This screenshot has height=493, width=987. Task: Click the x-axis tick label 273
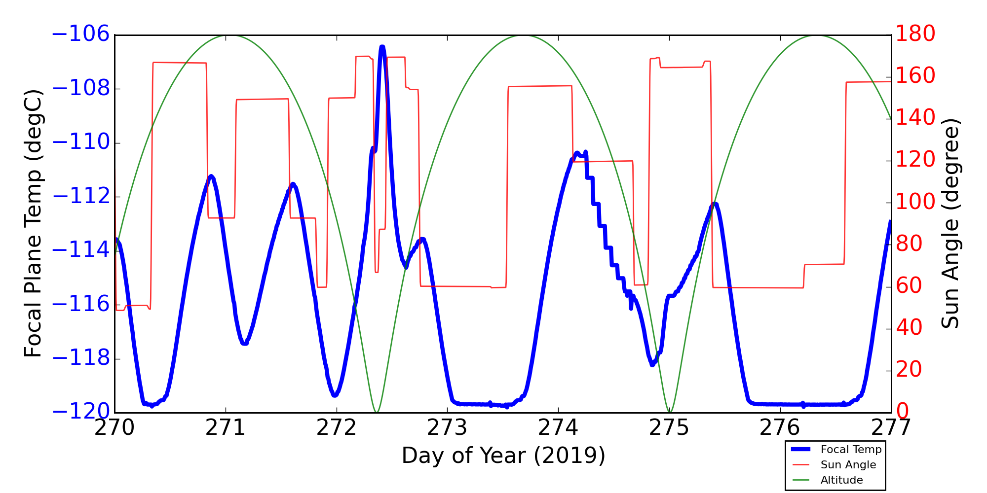click(448, 428)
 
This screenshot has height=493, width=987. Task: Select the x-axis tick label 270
click(115, 428)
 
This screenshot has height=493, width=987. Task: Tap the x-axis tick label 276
click(780, 428)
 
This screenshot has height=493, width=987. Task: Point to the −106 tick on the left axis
click(80, 35)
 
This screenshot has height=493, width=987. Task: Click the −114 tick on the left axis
click(80, 250)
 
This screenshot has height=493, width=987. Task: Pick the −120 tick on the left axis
click(80, 412)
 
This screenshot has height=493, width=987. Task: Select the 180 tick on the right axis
click(915, 35)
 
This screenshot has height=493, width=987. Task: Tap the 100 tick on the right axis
click(915, 202)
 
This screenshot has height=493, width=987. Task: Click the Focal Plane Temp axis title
click(33, 223)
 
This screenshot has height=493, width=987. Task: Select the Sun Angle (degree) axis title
click(950, 223)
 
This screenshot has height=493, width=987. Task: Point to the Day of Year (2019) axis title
click(503, 456)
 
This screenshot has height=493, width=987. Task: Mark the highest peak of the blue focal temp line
click(382, 47)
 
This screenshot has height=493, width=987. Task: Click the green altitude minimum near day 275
click(669, 412)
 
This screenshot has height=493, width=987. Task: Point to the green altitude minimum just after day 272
click(376, 412)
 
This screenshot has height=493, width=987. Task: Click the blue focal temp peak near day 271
click(211, 176)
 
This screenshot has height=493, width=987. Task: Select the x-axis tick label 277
click(891, 428)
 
